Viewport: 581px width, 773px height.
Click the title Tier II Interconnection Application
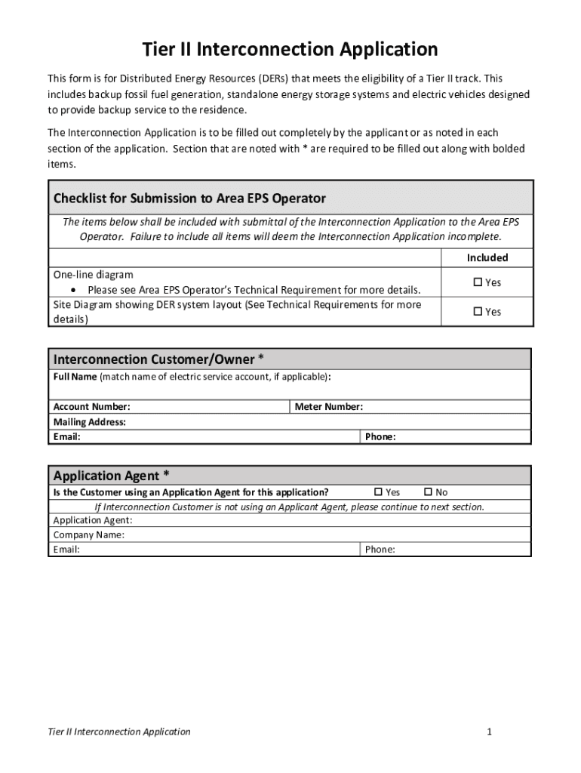click(290, 50)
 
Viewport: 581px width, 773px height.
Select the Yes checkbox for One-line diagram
click(477, 282)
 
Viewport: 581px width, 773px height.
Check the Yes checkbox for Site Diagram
click(477, 312)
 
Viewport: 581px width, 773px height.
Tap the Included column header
click(487, 258)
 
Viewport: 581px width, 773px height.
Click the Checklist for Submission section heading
click(189, 199)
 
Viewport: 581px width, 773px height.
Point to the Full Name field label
click(75, 376)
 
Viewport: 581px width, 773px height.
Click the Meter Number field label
click(328, 407)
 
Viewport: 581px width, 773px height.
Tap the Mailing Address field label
click(89, 422)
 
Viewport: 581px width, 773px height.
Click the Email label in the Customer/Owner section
click(67, 437)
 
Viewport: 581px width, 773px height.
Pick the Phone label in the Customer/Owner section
click(380, 437)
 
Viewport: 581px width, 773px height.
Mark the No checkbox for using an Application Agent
click(428, 492)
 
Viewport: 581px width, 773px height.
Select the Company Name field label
click(89, 535)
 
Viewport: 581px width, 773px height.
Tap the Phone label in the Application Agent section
click(380, 550)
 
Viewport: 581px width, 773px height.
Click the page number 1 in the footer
click(490, 731)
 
